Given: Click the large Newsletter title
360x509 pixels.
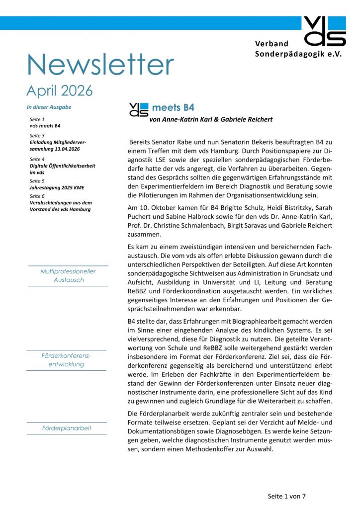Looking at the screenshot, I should (100, 64).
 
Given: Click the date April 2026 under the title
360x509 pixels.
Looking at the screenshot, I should (59, 91).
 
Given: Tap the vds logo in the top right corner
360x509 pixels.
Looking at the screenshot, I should (324, 31).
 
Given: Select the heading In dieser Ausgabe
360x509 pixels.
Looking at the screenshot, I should (49, 107).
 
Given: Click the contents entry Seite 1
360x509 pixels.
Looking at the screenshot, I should (37, 120).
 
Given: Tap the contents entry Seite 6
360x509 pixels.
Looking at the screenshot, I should (37, 196).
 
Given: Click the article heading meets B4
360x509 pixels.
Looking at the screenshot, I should (173, 107).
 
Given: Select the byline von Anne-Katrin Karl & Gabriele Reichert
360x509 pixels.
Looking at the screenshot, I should (210, 119).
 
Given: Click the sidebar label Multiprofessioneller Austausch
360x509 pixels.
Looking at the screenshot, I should (68, 276).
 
